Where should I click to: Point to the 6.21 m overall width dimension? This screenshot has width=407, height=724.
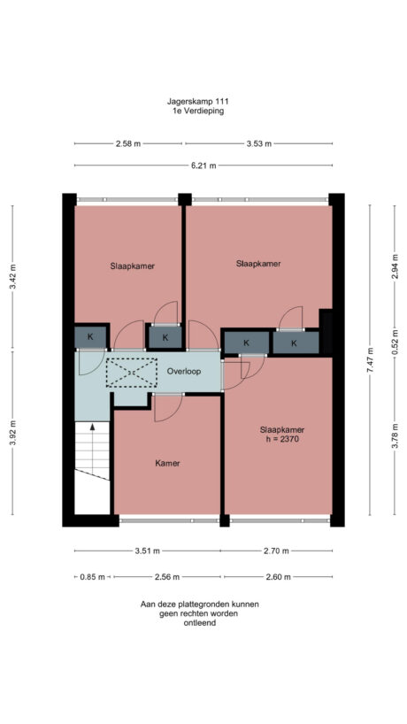(204, 166)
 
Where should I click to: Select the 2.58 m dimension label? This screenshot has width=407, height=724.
(127, 143)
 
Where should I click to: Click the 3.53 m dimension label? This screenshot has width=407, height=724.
(259, 143)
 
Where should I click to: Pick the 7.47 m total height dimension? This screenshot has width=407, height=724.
(372, 361)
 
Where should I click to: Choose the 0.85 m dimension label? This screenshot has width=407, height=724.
(91, 576)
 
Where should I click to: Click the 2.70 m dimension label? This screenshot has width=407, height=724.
(278, 551)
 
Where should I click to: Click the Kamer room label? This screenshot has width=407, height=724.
(168, 463)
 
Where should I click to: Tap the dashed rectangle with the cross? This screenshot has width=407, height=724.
(130, 373)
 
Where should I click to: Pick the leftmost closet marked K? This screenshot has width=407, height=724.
(90, 336)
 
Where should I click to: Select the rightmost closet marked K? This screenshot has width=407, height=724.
(294, 342)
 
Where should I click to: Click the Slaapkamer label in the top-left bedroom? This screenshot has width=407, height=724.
(134, 265)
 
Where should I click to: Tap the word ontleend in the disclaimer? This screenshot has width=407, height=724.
(202, 622)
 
